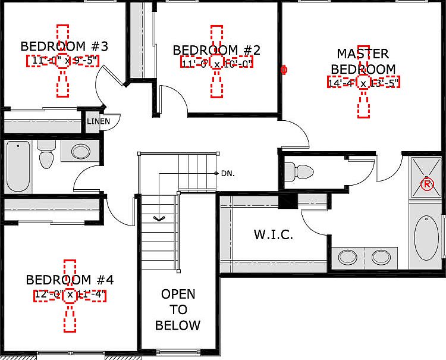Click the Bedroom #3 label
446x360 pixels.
pos(64,46)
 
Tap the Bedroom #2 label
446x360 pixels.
pos(216,50)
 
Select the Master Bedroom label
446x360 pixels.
pos(363,61)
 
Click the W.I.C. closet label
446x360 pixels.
pos(274,235)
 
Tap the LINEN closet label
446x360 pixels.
pos(98,121)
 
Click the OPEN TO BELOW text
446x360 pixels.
pos(178,309)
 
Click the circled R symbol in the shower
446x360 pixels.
pos(426,184)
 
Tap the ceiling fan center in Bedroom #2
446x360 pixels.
pos(216,62)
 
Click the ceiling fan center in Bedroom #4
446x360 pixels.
pos(70,295)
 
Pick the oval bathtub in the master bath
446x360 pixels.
pos(426,238)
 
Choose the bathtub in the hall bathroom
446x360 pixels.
pos(18,167)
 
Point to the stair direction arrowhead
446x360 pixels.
pos(159,218)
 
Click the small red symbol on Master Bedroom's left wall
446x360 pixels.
pos(284,70)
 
